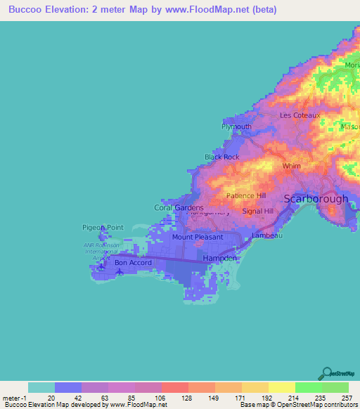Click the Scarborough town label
coord(316,199)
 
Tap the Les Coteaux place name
coord(300,115)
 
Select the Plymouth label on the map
coord(236,126)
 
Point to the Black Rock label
coord(222,157)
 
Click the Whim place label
coord(291,167)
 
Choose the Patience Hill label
coord(246,196)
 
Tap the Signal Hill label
coord(257,211)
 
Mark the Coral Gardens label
coord(179,207)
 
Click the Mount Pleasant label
coord(198,237)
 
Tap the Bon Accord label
coord(133,263)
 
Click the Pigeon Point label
coord(103,227)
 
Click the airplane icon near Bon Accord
coord(118,272)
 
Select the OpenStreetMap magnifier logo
coord(326,374)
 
